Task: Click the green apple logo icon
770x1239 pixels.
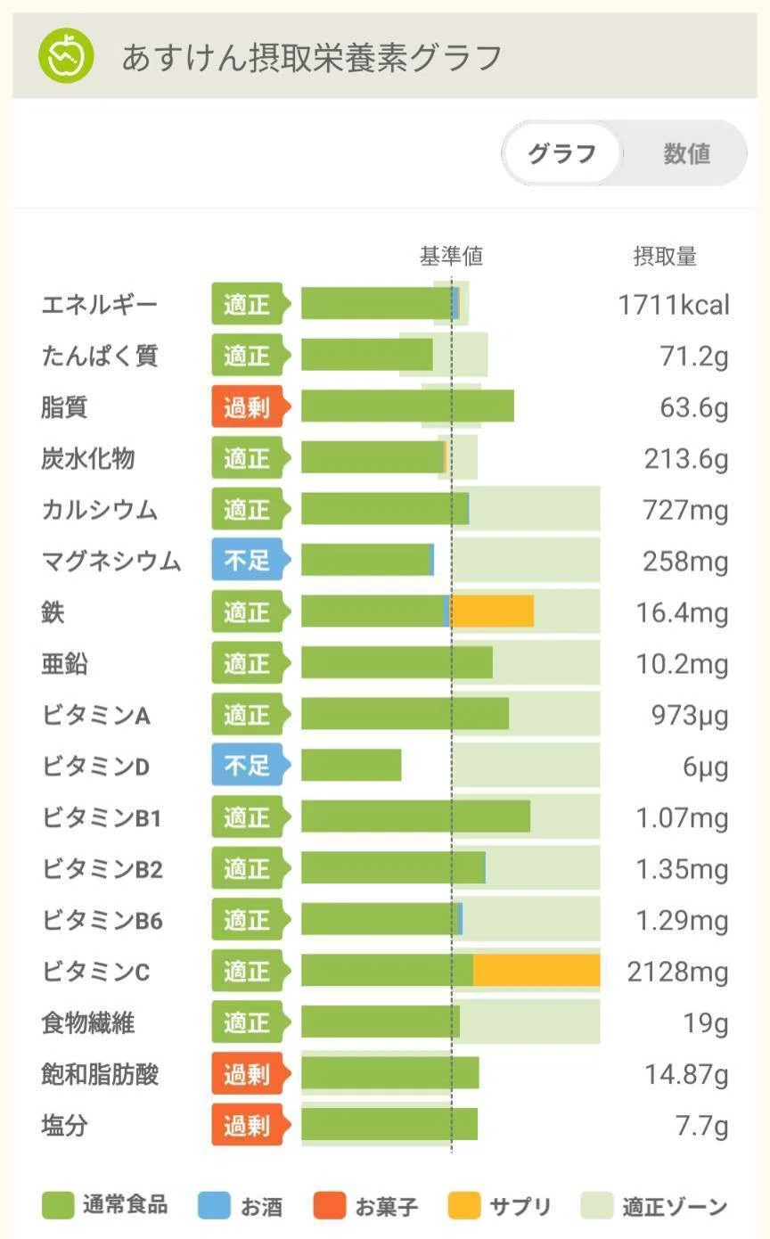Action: pyautogui.click(x=66, y=55)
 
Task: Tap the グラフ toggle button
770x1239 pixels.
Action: pyautogui.click(x=562, y=153)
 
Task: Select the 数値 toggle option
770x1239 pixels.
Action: pyautogui.click(x=686, y=153)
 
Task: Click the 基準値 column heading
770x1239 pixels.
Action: pyautogui.click(x=451, y=256)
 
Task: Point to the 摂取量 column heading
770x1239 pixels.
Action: pyautogui.click(x=664, y=256)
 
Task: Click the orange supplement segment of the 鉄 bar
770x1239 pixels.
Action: pyautogui.click(x=492, y=611)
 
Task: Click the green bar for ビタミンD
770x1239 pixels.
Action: pyautogui.click(x=351, y=765)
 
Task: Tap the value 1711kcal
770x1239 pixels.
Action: pyautogui.click(x=673, y=304)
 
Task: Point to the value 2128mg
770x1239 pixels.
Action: pyautogui.click(x=677, y=972)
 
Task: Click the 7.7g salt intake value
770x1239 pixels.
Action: pyautogui.click(x=701, y=1125)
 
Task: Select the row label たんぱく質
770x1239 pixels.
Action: pyautogui.click(x=100, y=355)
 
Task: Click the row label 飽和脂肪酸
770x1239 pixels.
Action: pyautogui.click(x=100, y=1074)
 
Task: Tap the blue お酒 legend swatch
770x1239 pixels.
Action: pyautogui.click(x=214, y=1205)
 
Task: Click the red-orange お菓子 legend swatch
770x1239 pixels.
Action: pyautogui.click(x=329, y=1205)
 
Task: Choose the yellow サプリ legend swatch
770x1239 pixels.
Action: pyautogui.click(x=463, y=1205)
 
